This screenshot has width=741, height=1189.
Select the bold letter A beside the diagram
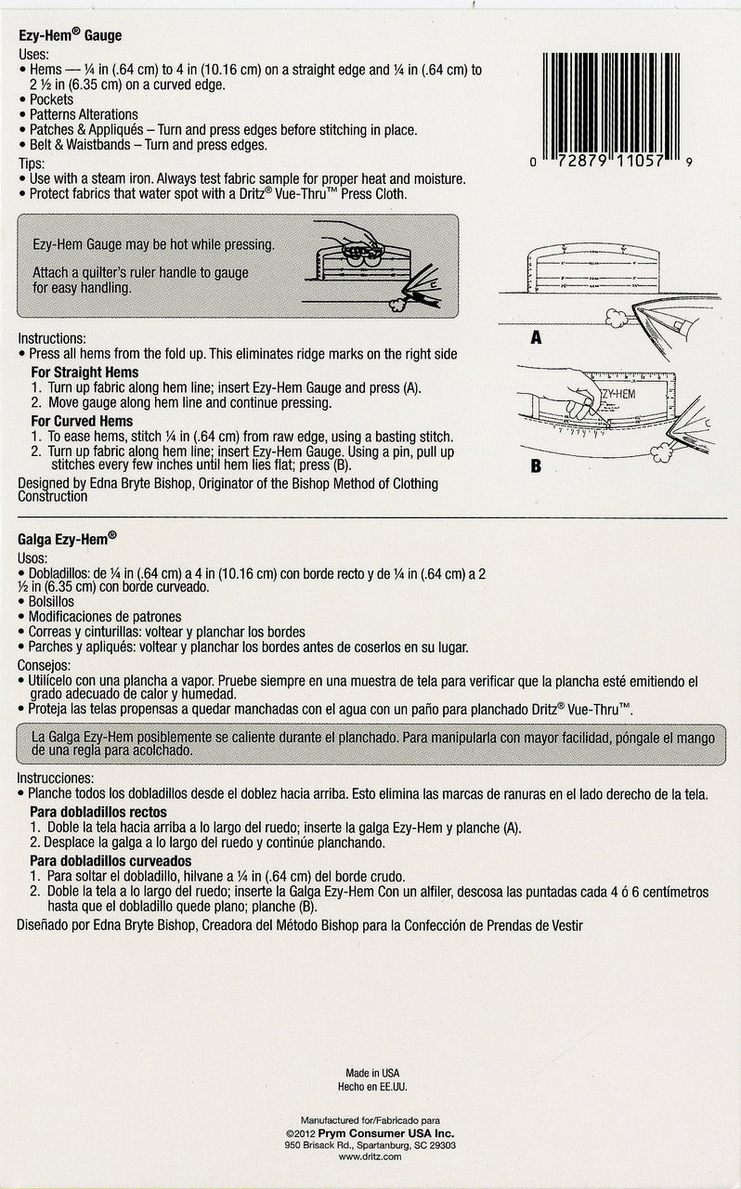536,338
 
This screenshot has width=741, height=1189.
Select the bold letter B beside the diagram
536,466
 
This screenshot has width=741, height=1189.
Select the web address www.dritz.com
370,1157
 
